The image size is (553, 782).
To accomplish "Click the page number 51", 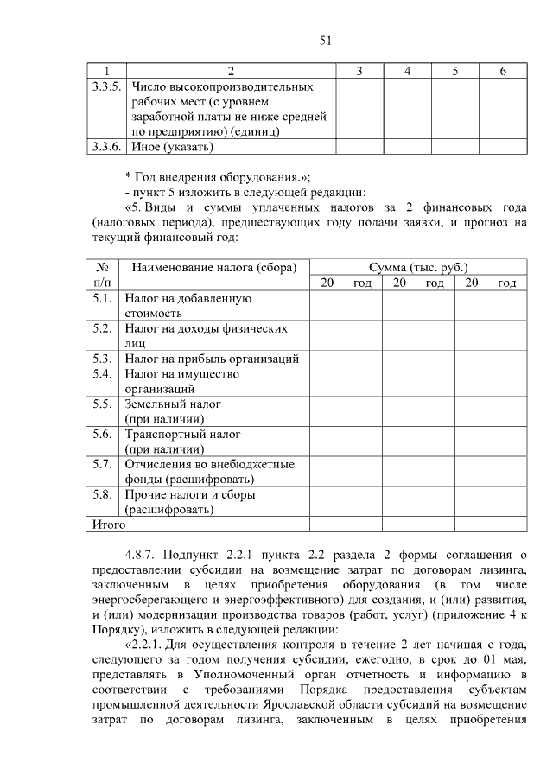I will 326,41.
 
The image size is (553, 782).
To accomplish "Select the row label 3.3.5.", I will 106,86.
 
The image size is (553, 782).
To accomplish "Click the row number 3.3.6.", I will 106,146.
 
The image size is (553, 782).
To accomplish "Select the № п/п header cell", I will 101,275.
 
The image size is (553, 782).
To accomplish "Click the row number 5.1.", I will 102,298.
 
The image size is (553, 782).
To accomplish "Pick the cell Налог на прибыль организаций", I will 212,358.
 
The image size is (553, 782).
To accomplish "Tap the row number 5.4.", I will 102,374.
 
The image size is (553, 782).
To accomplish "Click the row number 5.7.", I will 102,464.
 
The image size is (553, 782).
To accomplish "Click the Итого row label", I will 108,525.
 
